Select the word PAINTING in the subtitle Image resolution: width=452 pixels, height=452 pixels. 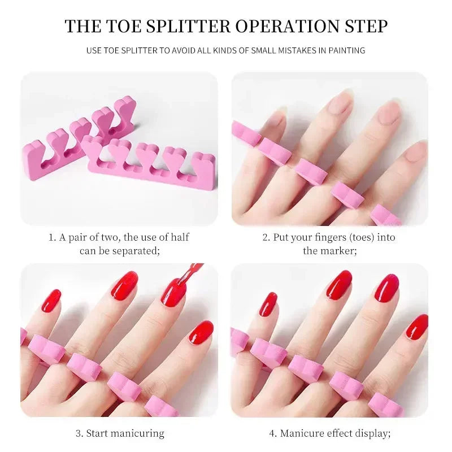[346, 50]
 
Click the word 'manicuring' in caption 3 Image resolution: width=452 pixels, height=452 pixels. [137, 433]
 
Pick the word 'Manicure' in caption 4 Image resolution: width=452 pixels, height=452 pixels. [310, 433]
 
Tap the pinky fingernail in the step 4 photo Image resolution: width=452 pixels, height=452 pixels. [268, 304]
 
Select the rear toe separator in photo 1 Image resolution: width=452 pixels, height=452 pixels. [73, 147]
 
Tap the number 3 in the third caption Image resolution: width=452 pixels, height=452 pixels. [79, 433]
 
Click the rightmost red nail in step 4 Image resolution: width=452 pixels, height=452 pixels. [417, 327]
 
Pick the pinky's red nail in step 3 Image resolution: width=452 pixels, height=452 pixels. [51, 301]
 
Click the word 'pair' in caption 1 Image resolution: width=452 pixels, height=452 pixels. [77, 237]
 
